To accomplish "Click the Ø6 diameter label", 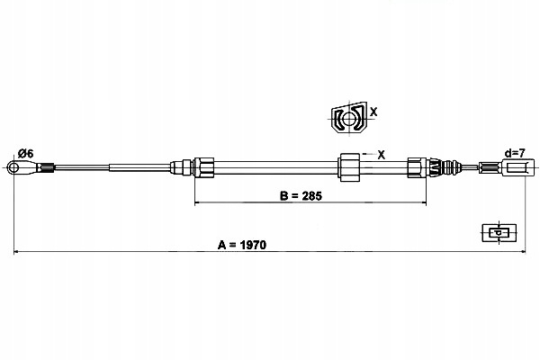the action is [26, 153].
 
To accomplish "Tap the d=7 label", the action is [515, 153].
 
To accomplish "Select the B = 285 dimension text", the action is [301, 196].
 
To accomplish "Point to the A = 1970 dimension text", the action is [242, 245].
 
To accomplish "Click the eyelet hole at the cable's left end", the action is [13, 167].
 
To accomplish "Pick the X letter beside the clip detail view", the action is [373, 112].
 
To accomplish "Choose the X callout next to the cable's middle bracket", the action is [382, 155].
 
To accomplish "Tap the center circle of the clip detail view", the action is [349, 119].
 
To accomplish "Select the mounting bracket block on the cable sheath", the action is [349, 167].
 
